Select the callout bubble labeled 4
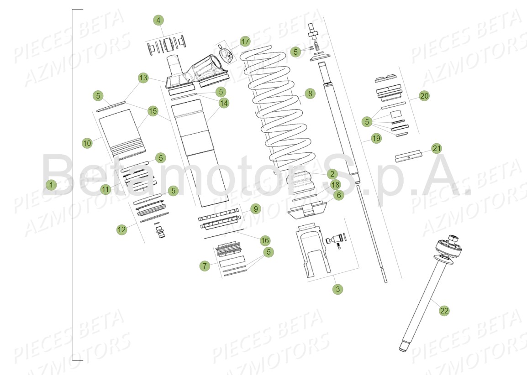coord(158,20)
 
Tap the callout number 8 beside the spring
coord(310,94)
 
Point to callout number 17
coord(245,42)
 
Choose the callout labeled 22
coord(444,311)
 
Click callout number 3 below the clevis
coord(337,289)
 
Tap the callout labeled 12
coord(121,230)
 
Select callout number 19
coord(376,139)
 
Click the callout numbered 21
coord(437,148)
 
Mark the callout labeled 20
coord(424,96)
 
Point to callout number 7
coord(204,266)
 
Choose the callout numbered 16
coord(265,240)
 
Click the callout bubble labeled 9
coord(255,209)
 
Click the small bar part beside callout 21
coord(408,156)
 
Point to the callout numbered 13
coord(143,78)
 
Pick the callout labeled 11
coord(106,189)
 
